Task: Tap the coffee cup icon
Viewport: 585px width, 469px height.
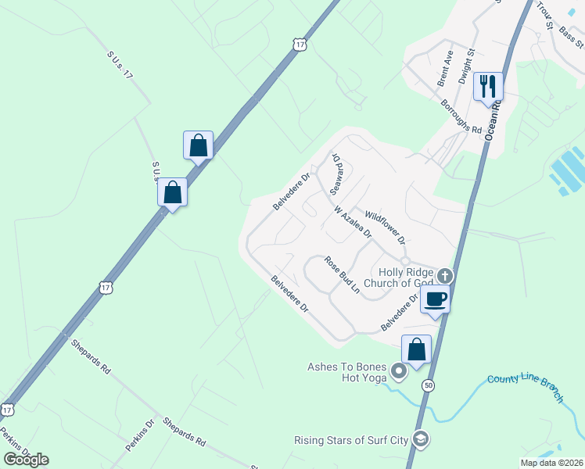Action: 436,298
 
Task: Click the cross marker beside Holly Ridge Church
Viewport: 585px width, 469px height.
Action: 445,275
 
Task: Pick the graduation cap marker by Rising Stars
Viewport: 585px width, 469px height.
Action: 421,439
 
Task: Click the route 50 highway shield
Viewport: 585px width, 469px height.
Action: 427,385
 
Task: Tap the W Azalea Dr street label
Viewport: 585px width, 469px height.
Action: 352,224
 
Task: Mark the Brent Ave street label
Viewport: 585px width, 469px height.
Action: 445,68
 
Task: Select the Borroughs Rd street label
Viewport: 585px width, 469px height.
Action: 461,116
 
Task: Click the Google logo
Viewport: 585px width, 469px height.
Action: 26,459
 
